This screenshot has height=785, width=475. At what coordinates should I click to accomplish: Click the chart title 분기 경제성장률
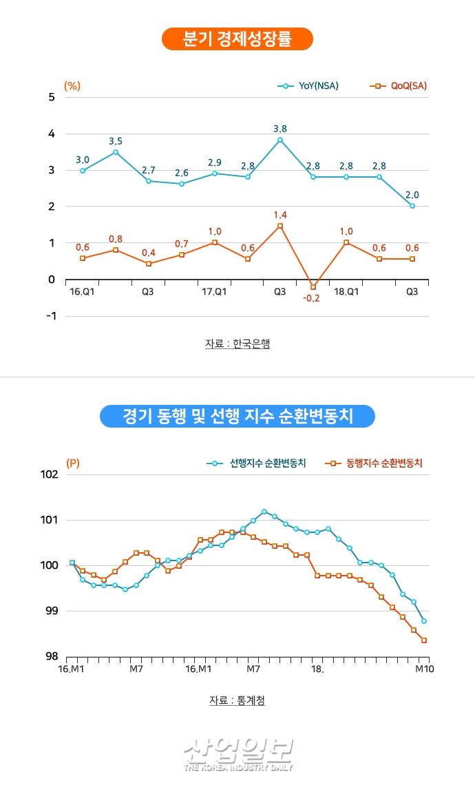pyautogui.click(x=237, y=39)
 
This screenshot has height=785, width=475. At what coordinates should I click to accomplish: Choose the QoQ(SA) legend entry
pyautogui.click(x=399, y=86)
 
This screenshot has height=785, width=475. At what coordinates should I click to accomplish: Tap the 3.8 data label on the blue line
pyautogui.click(x=280, y=128)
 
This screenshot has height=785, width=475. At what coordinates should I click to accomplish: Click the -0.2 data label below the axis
pyautogui.click(x=312, y=299)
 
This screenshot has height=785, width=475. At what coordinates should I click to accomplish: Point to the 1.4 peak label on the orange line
pyautogui.click(x=280, y=215)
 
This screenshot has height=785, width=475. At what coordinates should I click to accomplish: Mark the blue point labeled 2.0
pyautogui.click(x=412, y=205)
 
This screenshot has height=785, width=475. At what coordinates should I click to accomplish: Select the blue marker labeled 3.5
pyautogui.click(x=116, y=152)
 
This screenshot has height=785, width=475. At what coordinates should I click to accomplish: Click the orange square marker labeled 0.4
pyautogui.click(x=149, y=264)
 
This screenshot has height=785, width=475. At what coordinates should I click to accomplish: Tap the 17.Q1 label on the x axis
pyautogui.click(x=214, y=292)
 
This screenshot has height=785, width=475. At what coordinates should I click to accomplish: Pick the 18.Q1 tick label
pyautogui.click(x=346, y=292)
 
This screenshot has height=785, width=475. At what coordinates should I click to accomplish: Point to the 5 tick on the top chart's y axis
pyautogui.click(x=51, y=97)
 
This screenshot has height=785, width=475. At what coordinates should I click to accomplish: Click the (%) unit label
pyautogui.click(x=72, y=86)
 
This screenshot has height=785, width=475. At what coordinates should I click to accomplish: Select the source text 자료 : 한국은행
pyautogui.click(x=237, y=343)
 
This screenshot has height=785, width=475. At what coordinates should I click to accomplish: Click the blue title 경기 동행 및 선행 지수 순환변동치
pyautogui.click(x=237, y=416)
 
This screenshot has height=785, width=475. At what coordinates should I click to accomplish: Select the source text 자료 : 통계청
pyautogui.click(x=237, y=700)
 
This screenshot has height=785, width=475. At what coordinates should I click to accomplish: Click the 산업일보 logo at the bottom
pyautogui.click(x=238, y=755)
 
